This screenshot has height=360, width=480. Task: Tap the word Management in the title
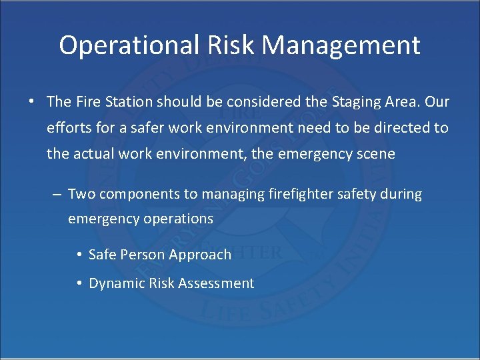pyautogui.click(x=341, y=45)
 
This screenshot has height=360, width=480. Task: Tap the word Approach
pyautogui.click(x=200, y=255)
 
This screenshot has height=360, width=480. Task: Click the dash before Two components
pyautogui.click(x=57, y=195)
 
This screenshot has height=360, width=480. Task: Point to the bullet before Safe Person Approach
pyautogui.click(x=79, y=255)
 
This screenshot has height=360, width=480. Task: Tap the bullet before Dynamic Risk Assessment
pyautogui.click(x=79, y=283)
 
